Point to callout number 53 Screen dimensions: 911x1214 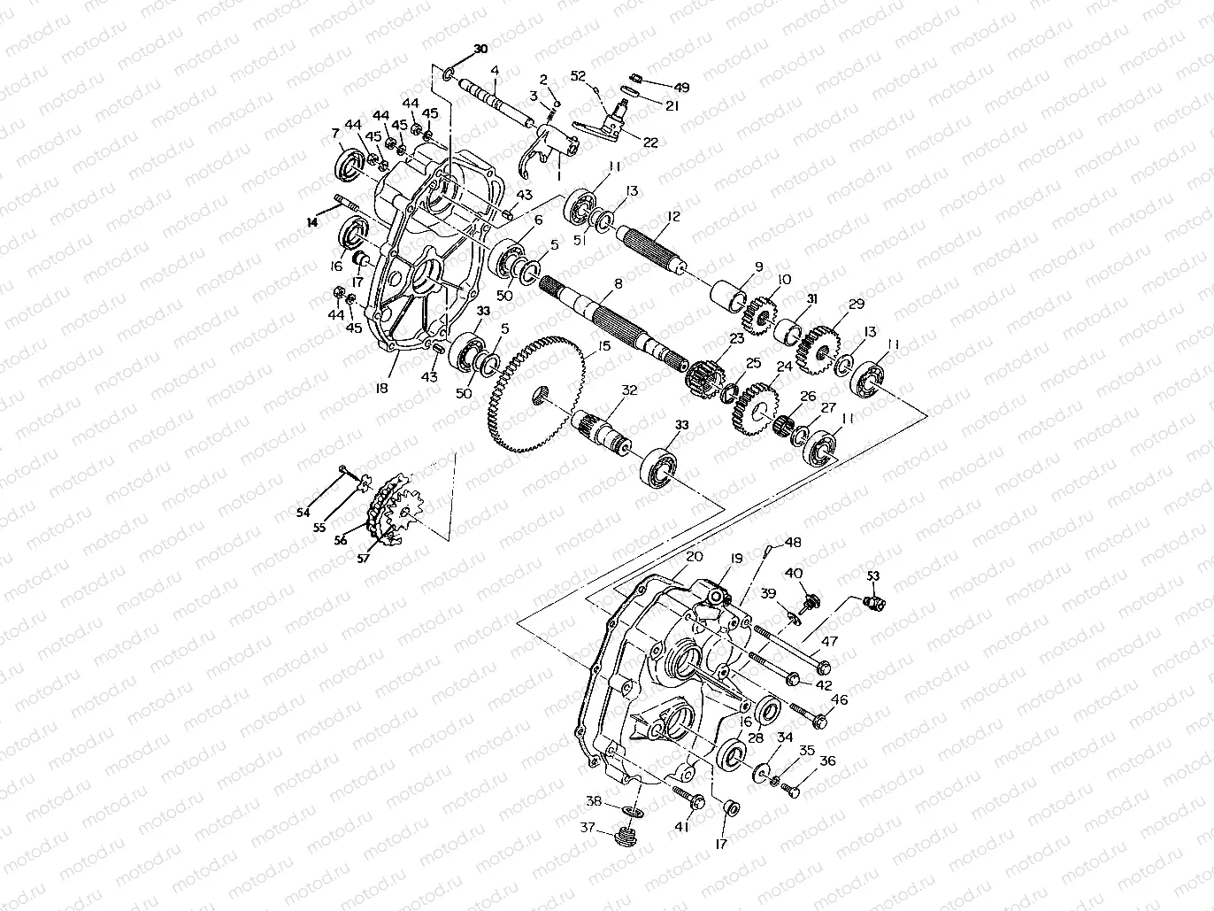coord(874,575)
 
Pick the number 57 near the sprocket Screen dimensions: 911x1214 coord(362,559)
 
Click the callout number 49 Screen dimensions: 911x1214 coord(681,88)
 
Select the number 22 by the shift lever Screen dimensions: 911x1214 coord(650,143)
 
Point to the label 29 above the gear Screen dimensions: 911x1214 coord(856,305)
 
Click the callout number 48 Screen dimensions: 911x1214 coord(793,542)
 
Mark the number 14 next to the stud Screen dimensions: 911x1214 coord(311,223)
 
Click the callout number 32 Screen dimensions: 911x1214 coord(629,389)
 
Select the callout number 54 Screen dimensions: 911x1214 coord(303,512)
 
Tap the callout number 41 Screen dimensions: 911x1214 coord(681,827)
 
